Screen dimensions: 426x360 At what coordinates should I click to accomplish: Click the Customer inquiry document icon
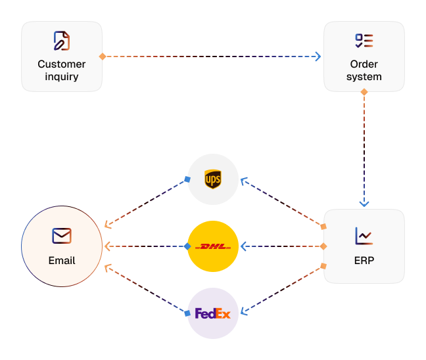[62, 41]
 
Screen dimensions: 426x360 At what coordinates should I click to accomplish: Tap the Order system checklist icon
[364, 41]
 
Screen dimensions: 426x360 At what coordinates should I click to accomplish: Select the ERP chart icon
[364, 236]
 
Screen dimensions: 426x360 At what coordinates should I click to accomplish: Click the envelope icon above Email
[62, 236]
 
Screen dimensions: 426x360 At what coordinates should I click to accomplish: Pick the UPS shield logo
[213, 179]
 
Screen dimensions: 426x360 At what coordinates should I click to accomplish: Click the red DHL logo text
[213, 246]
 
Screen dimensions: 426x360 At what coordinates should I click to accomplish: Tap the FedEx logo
[213, 313]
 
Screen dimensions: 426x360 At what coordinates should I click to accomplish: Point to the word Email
[62, 261]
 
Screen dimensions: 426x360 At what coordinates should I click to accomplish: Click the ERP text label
[364, 261]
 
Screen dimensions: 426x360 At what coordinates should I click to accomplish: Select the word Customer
[62, 64]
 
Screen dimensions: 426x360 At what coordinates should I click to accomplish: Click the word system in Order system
[364, 77]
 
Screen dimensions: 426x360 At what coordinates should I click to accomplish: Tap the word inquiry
[62, 77]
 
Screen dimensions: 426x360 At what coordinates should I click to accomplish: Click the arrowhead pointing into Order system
[318, 56]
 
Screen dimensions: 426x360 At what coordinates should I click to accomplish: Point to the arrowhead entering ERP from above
[364, 204]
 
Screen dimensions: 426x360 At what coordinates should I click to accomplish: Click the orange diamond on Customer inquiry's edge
[103, 56]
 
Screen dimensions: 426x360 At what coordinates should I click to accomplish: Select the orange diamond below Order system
[364, 92]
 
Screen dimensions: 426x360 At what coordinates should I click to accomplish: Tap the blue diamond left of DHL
[187, 246]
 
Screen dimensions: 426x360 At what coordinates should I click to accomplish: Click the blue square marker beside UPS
[187, 179]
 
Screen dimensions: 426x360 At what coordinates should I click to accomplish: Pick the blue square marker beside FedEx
[187, 313]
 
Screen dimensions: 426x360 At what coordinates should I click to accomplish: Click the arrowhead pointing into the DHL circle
[243, 246]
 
